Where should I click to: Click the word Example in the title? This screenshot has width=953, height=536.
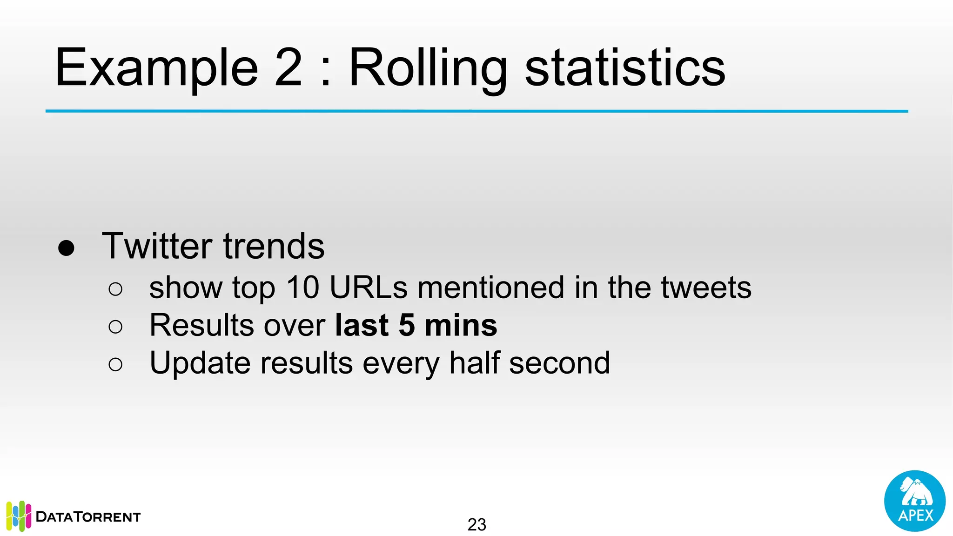pos(156,68)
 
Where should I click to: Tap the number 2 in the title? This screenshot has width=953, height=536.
pos(289,68)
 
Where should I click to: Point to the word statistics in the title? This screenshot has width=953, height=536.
pos(625,68)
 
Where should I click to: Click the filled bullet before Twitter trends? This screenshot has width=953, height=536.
pos(66,248)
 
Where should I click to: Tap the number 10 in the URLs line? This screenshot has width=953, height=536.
pos(302,287)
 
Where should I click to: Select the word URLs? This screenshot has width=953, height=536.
pos(369,287)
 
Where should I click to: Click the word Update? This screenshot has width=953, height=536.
pos(200,363)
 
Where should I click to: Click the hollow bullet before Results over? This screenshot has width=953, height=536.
pos(115,327)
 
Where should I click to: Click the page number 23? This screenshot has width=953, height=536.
pos(476,524)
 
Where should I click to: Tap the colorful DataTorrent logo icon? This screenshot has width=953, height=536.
pos(19,516)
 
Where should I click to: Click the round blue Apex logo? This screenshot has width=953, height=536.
pos(914,501)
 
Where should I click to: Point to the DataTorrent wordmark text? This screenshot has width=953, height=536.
pos(88,517)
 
